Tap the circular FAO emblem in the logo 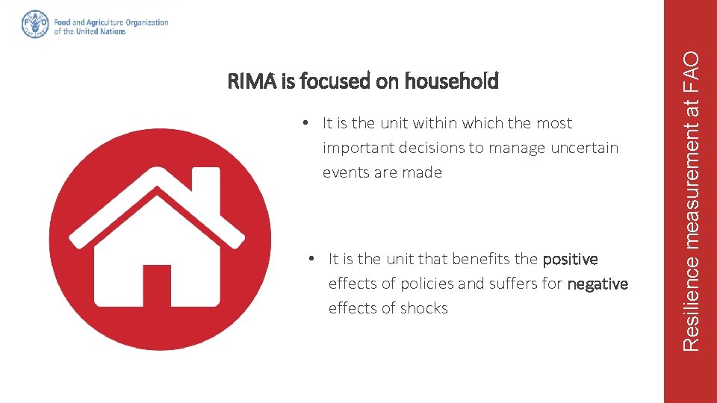35,24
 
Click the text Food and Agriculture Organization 111,22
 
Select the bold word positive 570,260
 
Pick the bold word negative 597,284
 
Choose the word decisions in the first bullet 432,148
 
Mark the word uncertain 584,148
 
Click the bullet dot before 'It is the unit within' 307,124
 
